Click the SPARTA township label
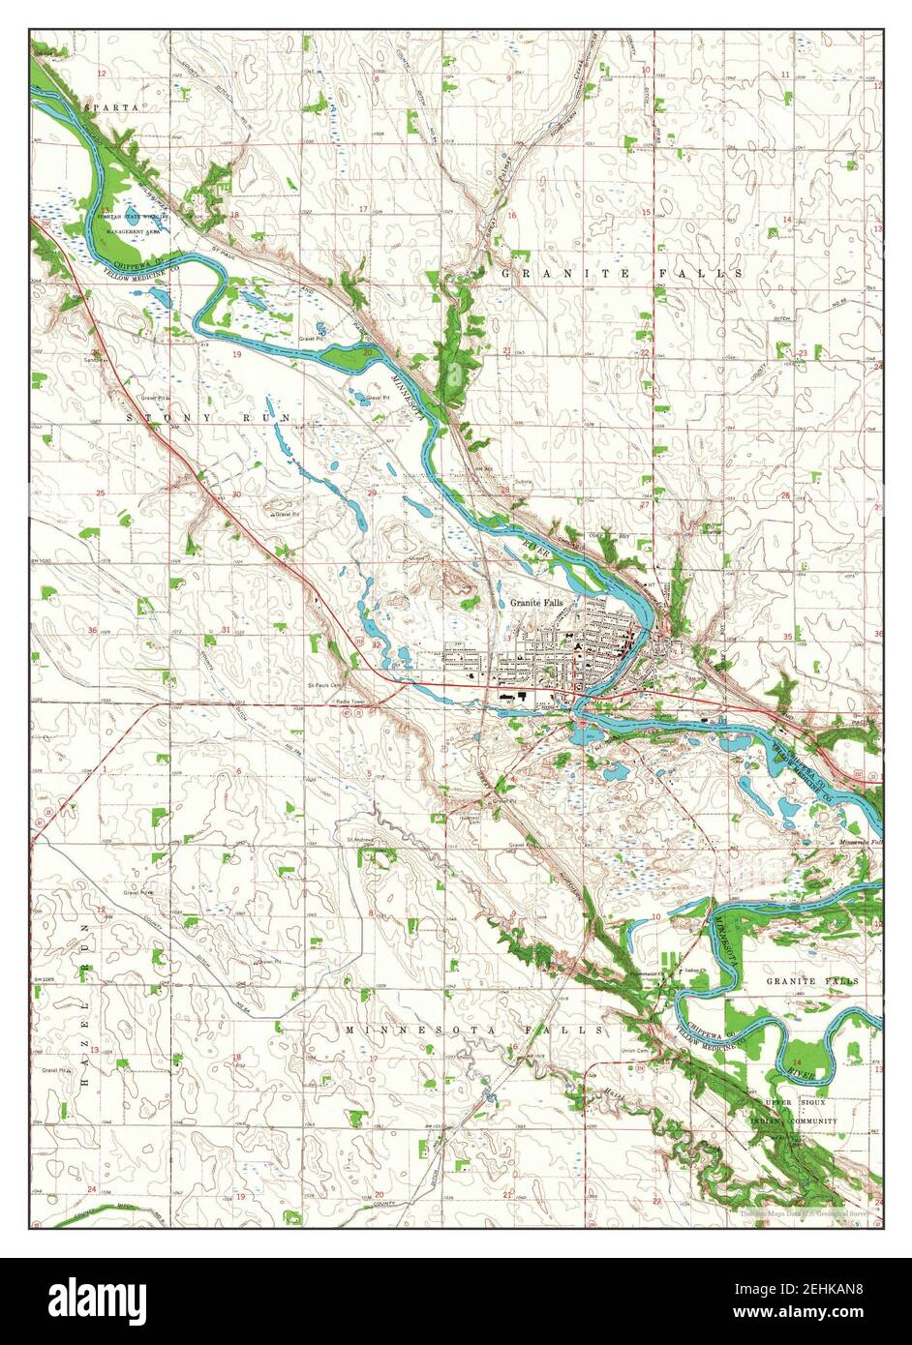[110, 106]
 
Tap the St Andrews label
[360, 838]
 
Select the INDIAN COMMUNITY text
[794, 1121]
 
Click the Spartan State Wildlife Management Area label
[137, 225]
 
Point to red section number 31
[226, 630]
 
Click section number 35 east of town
[787, 637]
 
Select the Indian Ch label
[692, 970]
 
